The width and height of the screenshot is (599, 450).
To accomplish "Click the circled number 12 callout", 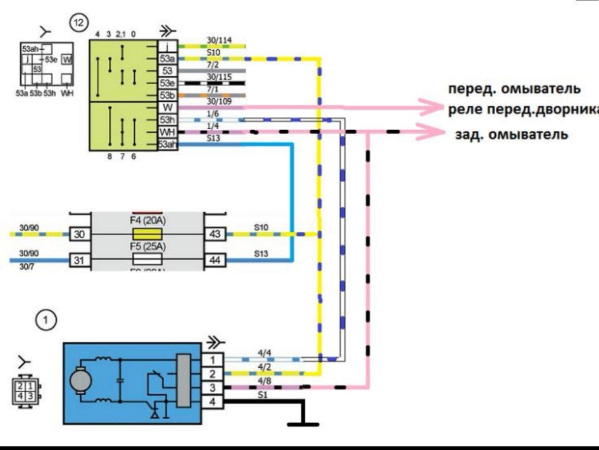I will pos(78,23).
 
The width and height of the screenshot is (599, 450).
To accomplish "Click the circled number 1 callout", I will pos(45,320).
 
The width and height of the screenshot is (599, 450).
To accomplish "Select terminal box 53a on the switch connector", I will pos(167,59).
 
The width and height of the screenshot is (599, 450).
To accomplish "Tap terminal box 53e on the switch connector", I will pos(167,83).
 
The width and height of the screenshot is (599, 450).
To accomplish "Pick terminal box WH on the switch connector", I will pos(167,132).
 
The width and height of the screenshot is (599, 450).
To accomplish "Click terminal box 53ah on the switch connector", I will pos(167,144).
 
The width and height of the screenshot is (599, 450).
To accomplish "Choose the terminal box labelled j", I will pos(167,46).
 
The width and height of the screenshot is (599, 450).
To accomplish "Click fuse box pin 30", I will pos(79,234).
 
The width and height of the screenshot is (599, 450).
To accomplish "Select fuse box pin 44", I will pos(214,260).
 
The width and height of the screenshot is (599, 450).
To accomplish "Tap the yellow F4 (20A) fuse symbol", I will pos(147,234).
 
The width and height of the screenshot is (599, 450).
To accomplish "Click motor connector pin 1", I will pos(213,360).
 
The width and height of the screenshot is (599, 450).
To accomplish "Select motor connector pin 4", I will pos(213,402).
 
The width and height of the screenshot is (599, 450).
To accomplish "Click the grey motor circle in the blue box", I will pos(80,381).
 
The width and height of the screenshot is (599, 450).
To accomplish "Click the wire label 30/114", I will pos(219,41).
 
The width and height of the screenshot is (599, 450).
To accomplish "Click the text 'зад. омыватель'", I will pos(511,135).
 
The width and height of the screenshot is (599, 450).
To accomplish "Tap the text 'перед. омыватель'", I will pos(514,89).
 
